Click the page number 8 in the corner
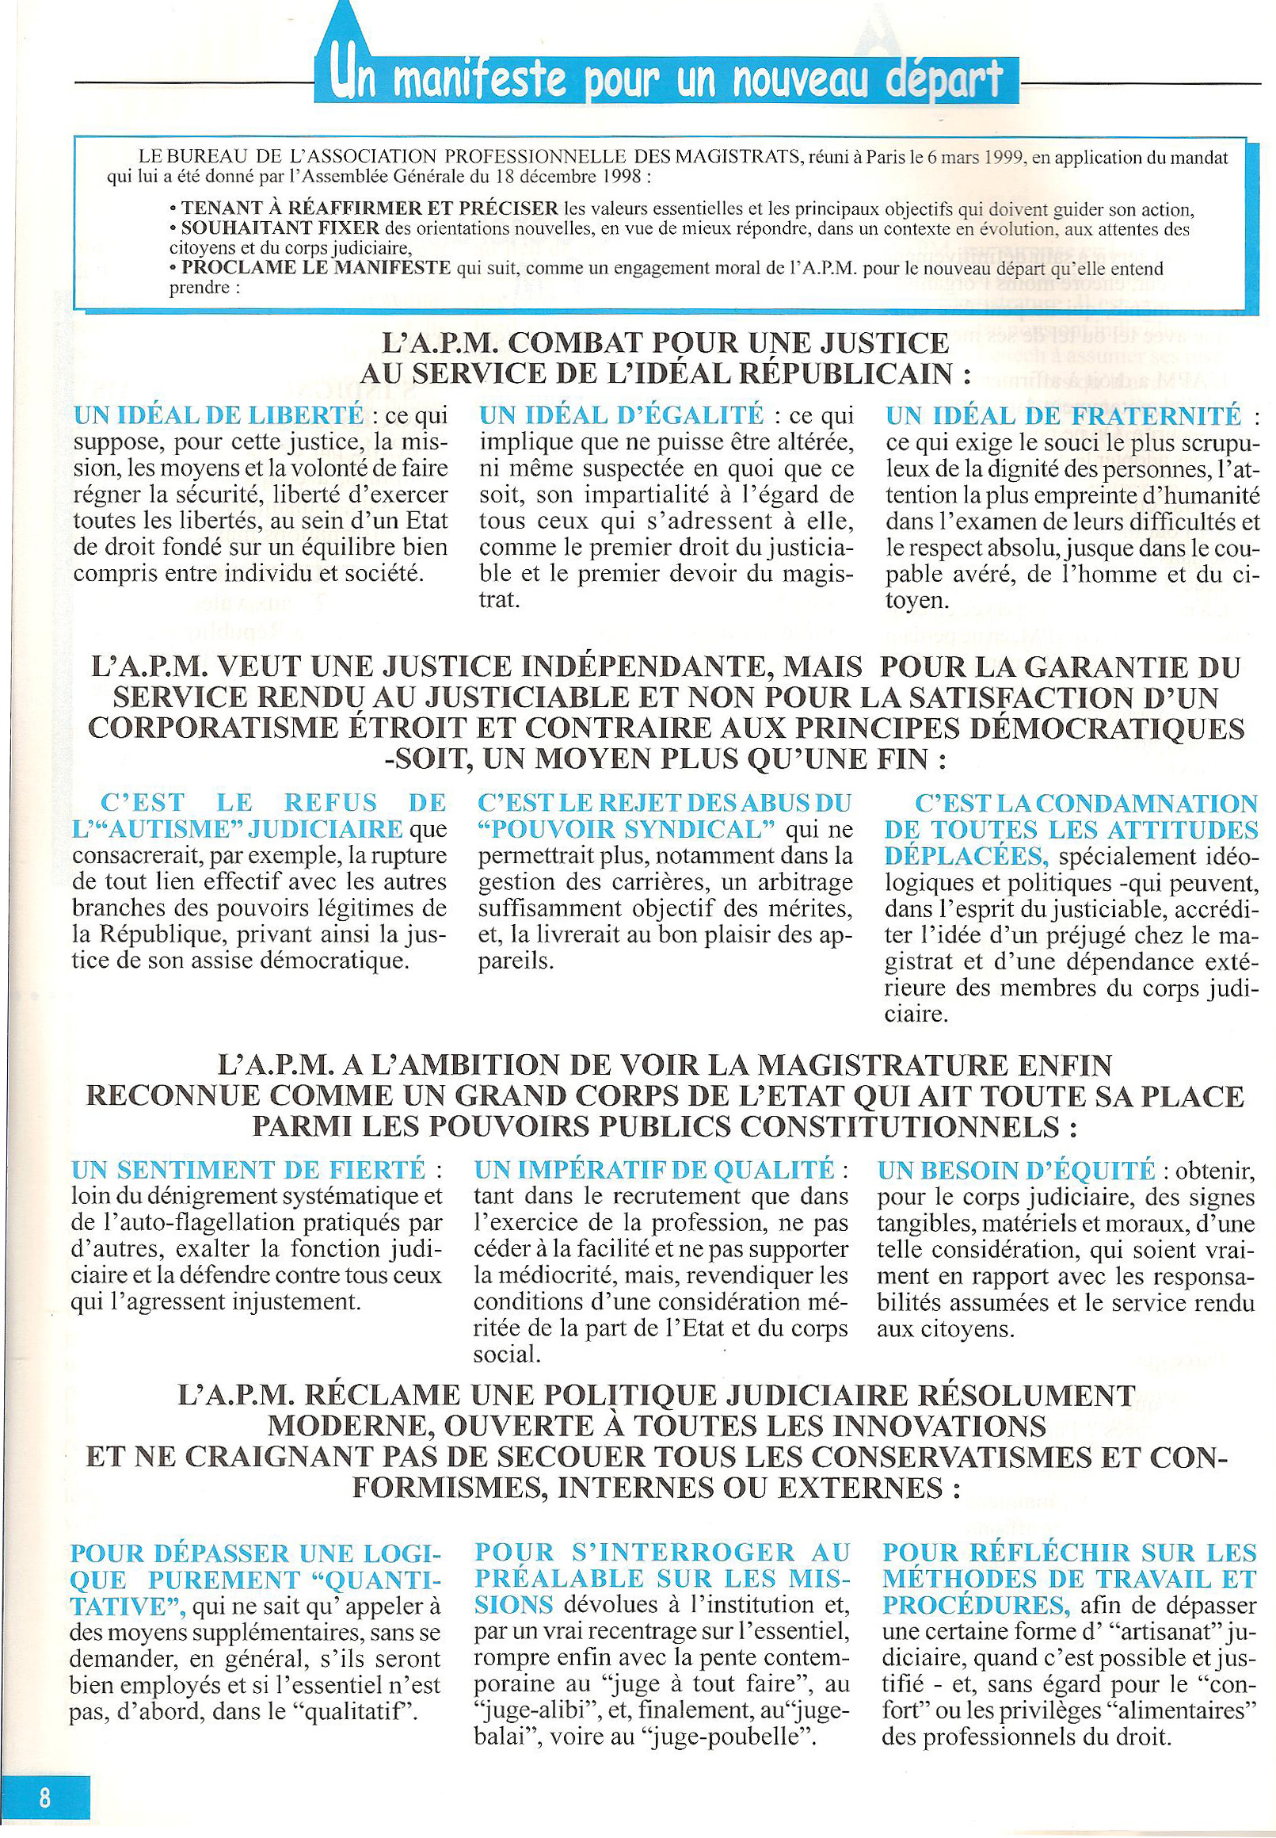click(44, 1799)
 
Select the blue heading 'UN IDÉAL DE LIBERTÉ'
click(219, 415)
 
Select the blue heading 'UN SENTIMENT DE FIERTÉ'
click(248, 1169)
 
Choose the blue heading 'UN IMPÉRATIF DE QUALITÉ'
click(654, 1169)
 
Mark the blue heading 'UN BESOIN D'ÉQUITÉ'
click(1016, 1169)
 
